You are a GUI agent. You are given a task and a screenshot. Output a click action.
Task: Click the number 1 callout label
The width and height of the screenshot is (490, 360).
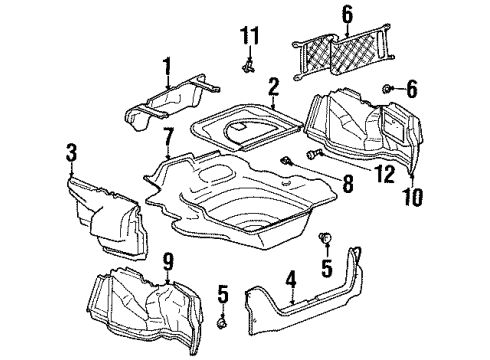point(167,69)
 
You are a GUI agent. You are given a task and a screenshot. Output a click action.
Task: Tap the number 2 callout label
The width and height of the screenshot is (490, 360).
point(273,96)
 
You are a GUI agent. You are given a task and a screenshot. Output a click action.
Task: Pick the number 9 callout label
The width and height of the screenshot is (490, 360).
point(168,263)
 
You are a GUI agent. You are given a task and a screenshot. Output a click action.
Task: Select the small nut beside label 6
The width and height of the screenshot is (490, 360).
point(387,91)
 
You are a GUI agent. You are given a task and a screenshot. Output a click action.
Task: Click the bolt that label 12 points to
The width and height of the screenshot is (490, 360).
point(318,155)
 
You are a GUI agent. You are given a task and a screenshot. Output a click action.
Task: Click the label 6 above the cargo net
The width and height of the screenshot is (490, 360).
point(319,15)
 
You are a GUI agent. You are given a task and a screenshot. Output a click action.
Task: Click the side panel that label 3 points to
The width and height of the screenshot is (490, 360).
point(105,210)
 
